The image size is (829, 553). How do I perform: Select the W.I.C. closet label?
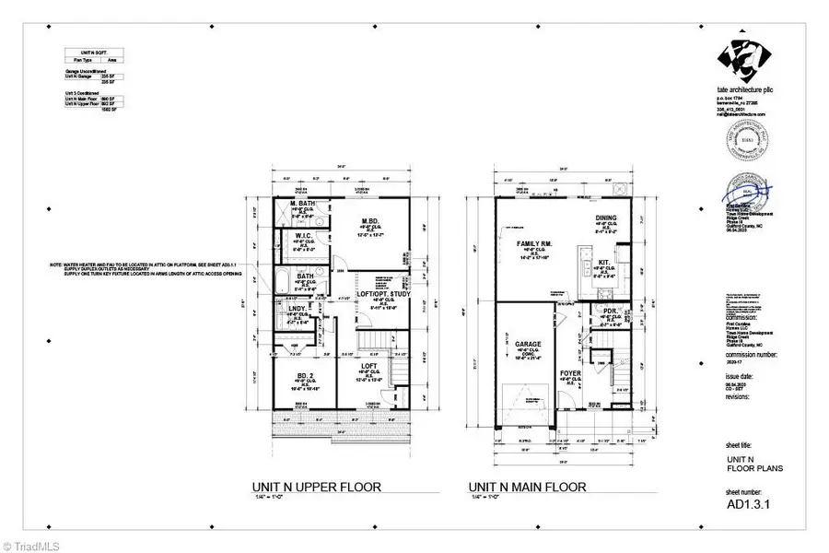306,236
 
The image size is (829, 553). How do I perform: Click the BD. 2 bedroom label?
305,376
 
